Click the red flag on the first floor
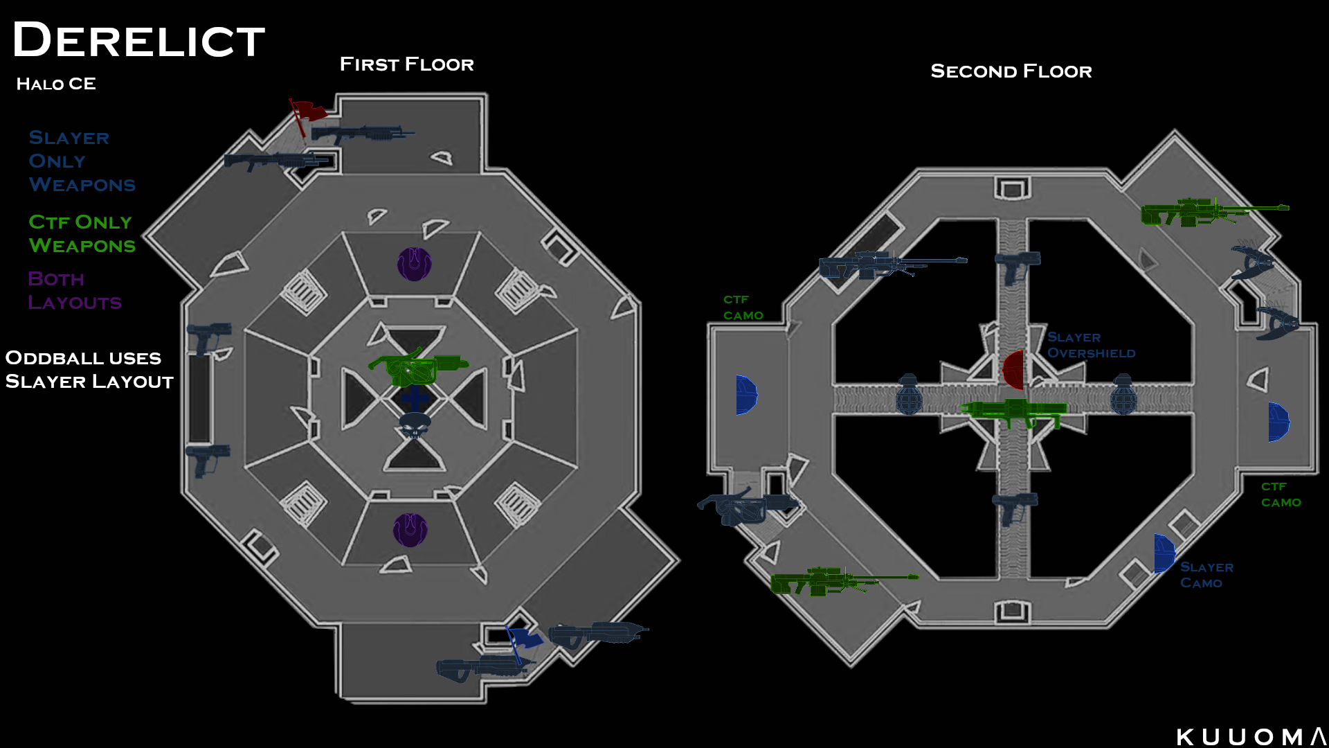(307, 114)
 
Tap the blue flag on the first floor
(523, 641)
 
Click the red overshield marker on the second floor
(1013, 370)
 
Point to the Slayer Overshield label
(1091, 345)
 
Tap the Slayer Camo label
(1206, 575)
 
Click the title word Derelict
(138, 40)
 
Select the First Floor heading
(406, 64)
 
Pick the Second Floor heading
(1011, 71)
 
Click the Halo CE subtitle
(56, 84)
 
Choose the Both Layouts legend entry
(75, 291)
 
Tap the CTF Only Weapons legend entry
(82, 234)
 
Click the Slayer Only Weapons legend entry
(82, 161)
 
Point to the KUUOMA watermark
(1251, 737)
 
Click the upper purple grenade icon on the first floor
(414, 264)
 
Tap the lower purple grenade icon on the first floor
(410, 531)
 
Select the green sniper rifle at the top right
(1214, 212)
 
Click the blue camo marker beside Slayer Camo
(1164, 554)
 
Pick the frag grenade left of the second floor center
(909, 395)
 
